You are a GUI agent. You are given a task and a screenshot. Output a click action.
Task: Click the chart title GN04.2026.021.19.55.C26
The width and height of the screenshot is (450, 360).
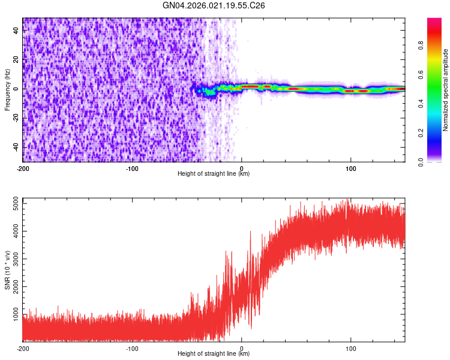[214, 5]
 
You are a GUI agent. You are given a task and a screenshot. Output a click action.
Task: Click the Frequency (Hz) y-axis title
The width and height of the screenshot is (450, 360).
[7, 89]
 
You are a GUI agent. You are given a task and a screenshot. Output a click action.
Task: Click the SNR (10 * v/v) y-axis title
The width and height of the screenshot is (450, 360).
[7, 269]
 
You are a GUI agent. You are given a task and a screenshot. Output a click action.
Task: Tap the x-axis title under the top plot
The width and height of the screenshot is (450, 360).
[214, 173]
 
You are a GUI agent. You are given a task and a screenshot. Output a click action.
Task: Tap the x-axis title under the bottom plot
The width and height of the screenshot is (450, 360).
[214, 353]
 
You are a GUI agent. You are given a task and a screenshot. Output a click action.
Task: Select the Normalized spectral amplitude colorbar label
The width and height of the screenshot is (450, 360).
[446, 90]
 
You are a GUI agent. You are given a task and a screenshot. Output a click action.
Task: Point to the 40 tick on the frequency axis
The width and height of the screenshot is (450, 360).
[16, 31]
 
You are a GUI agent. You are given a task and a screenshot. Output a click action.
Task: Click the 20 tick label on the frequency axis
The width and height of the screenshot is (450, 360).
[16, 60]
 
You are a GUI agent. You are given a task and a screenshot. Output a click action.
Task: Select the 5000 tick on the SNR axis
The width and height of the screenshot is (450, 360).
[13, 205]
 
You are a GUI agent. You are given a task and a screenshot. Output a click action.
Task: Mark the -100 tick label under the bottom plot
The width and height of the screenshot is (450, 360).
[132, 347]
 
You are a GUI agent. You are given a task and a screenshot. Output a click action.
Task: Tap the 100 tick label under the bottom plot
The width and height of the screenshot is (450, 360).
[350, 347]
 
